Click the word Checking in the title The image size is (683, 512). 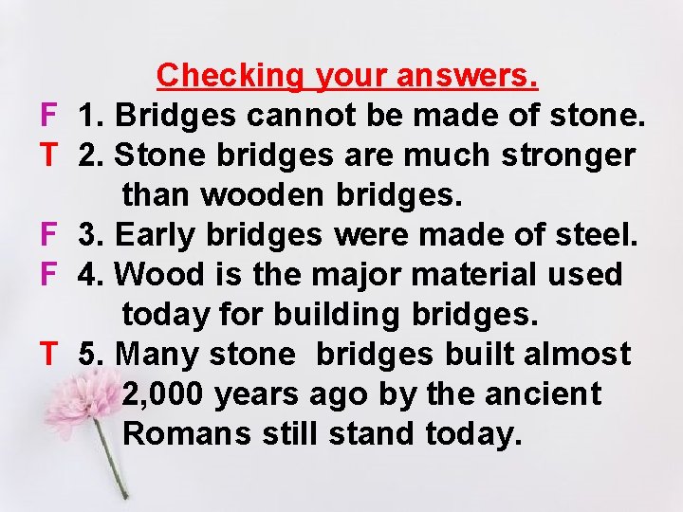(231, 75)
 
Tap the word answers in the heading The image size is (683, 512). (468, 75)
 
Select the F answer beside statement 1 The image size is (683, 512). (49, 116)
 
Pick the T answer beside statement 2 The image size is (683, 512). (49, 155)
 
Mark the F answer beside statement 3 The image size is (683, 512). (49, 235)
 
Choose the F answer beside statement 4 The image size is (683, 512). (49, 275)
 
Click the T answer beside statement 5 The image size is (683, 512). (49, 355)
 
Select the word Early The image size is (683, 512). (160, 235)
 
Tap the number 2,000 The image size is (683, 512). (164, 394)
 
